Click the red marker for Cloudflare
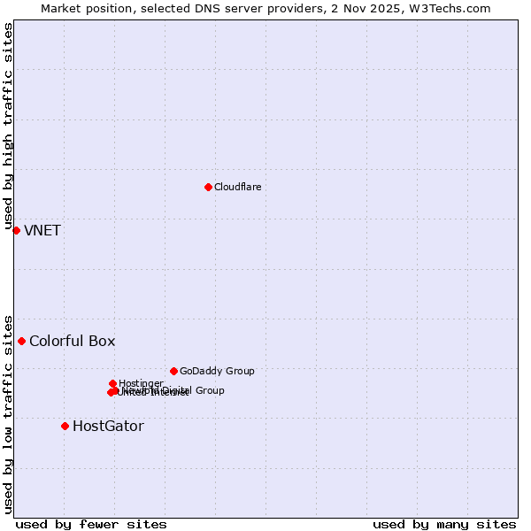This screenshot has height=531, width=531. pyautogui.click(x=208, y=187)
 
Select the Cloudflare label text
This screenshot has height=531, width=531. pyautogui.click(x=237, y=187)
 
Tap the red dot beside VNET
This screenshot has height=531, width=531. pyautogui.click(x=16, y=230)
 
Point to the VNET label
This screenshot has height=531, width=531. pyautogui.click(x=42, y=231)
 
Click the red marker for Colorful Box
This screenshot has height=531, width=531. pyautogui.click(x=21, y=341)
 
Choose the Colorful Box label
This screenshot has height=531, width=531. pyautogui.click(x=72, y=342)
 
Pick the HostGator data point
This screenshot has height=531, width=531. pyautogui.click(x=65, y=426)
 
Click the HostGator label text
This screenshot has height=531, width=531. pyautogui.click(x=108, y=427)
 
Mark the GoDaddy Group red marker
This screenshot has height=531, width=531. pyautogui.click(x=173, y=371)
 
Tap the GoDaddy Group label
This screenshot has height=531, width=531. pyautogui.click(x=217, y=371)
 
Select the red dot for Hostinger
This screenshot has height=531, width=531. pyautogui.click(x=112, y=383)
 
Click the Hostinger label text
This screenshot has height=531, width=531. pyautogui.click(x=141, y=383)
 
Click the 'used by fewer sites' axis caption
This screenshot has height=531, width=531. pyautogui.click(x=91, y=524)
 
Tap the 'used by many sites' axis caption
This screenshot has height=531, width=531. pyautogui.click(x=444, y=524)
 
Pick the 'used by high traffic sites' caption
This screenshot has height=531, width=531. pyautogui.click(x=8, y=127)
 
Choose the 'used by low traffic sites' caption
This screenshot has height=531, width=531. pyautogui.click(x=8, y=414)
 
